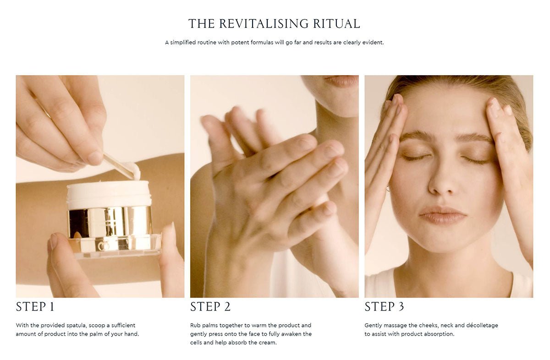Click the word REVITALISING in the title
click(264, 24)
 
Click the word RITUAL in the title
click(336, 24)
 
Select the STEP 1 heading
click(35, 307)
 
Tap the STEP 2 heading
click(210, 307)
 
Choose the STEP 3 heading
click(384, 307)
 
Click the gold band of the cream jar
click(110, 222)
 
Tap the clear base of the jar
click(115, 246)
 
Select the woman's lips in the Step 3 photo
click(443, 215)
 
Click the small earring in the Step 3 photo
click(387, 189)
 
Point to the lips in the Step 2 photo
click(342, 80)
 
